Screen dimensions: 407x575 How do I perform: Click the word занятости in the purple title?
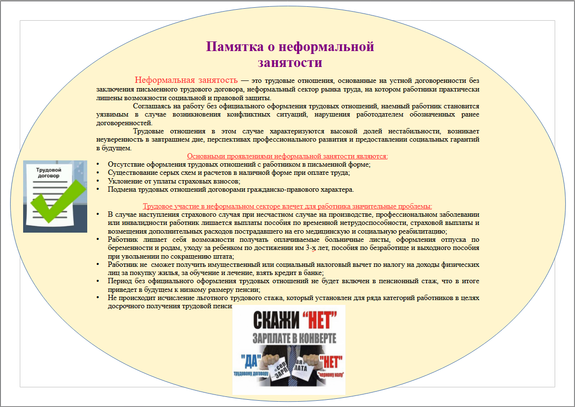coord(290,63)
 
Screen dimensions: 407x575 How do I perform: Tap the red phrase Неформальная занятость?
coord(186,80)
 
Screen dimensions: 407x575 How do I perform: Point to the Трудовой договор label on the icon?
coord(49,173)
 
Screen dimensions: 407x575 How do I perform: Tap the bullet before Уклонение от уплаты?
coord(98,182)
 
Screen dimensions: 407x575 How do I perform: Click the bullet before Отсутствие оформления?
coord(98,164)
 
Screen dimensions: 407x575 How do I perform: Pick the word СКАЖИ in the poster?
coord(270,320)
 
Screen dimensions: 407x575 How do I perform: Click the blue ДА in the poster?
coord(250,360)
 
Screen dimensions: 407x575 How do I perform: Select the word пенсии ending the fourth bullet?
coord(249,290)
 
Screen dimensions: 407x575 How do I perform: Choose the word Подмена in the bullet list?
coord(122,189)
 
